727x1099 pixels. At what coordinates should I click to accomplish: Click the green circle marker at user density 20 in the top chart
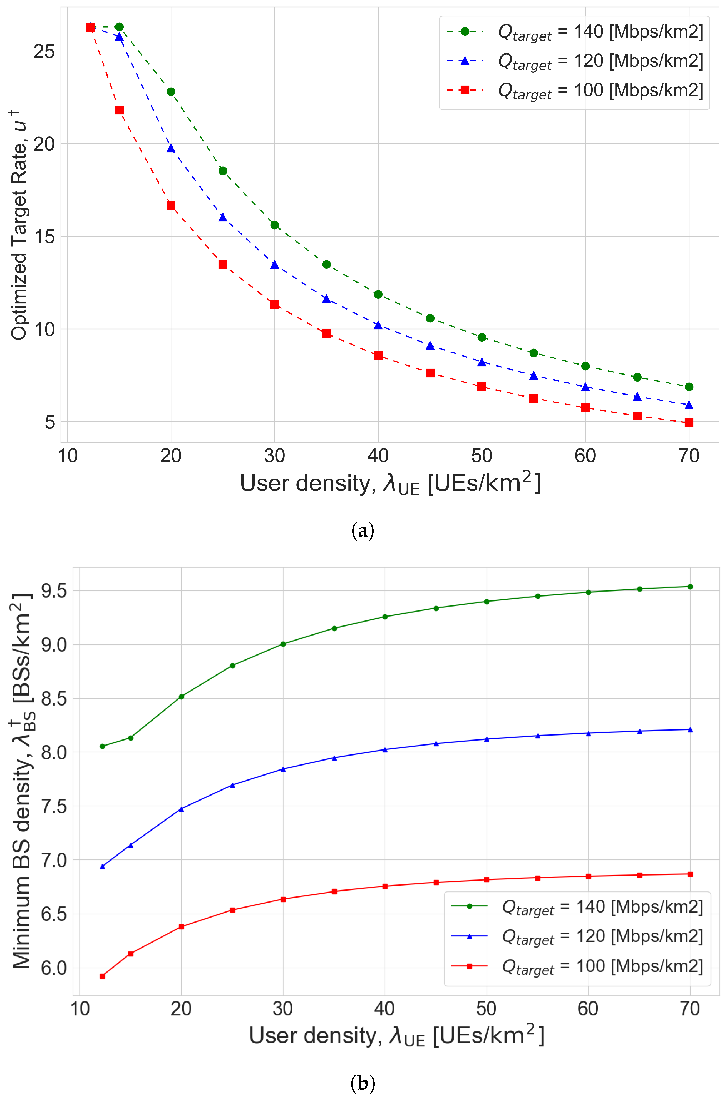click(x=171, y=92)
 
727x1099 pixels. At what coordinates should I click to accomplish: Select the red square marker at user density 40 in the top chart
click(x=378, y=356)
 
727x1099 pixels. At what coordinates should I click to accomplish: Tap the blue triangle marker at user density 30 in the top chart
click(x=274, y=265)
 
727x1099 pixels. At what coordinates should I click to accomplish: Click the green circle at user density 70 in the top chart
click(x=689, y=387)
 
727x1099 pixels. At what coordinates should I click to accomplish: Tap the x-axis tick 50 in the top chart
click(x=482, y=456)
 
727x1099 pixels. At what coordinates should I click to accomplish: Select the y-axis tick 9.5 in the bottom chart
click(x=54, y=591)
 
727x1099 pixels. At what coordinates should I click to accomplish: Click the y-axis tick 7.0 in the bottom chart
click(x=54, y=860)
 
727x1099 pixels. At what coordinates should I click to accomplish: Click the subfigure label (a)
click(x=363, y=531)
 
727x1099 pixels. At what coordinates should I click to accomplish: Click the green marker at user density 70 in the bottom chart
click(x=690, y=587)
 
